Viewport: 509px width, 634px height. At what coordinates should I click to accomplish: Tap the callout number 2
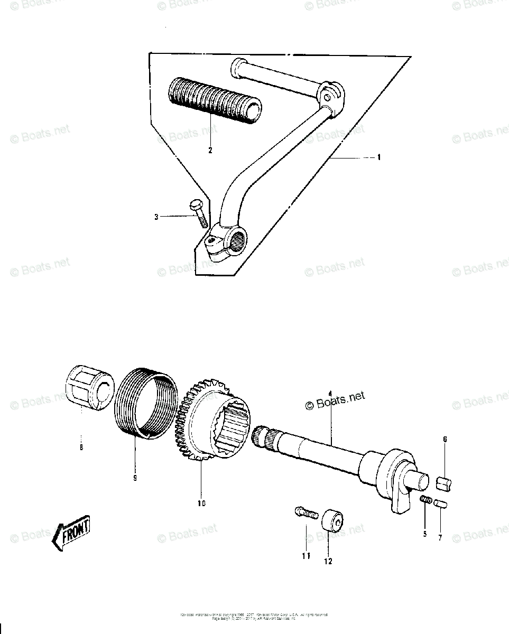(210, 151)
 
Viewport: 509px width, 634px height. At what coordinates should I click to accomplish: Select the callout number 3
(156, 217)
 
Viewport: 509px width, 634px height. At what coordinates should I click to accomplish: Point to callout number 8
(81, 447)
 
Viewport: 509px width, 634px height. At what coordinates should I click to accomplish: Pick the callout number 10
(201, 503)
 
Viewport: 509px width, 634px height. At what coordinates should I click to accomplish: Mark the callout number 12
(328, 561)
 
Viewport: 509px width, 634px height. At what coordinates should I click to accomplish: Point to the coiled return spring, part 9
(144, 404)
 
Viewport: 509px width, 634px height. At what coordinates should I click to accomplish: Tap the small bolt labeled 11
(304, 512)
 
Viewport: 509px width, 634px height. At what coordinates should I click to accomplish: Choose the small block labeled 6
(444, 483)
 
